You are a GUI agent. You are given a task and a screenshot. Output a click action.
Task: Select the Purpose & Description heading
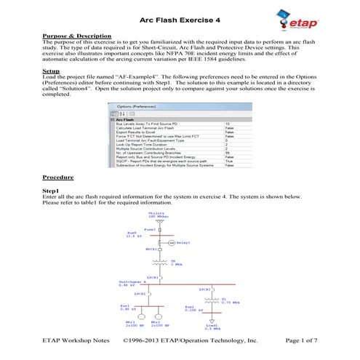76,36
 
